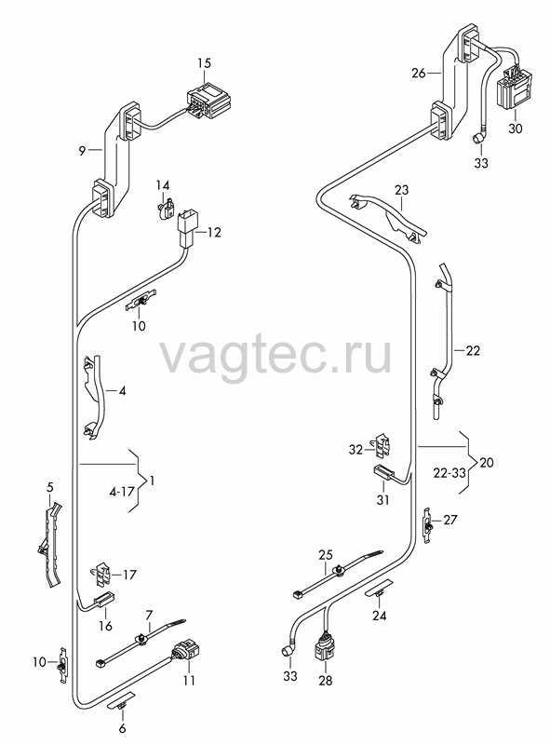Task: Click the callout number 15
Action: pyautogui.click(x=204, y=63)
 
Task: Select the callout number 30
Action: pyautogui.click(x=515, y=129)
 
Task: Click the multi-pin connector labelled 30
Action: pyautogui.click(x=514, y=89)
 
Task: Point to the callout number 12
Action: pyautogui.click(x=214, y=233)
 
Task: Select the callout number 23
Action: pyautogui.click(x=401, y=191)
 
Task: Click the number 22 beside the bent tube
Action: pyautogui.click(x=473, y=351)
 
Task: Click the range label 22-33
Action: pyautogui.click(x=449, y=473)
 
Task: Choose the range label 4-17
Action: pyautogui.click(x=122, y=492)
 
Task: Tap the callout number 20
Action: pyautogui.click(x=487, y=462)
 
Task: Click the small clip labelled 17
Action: pyautogui.click(x=101, y=573)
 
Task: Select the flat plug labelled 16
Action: pyautogui.click(x=104, y=600)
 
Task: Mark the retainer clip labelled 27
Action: pyautogui.click(x=428, y=525)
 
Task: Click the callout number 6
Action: pyautogui.click(x=122, y=728)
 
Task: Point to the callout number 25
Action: pyautogui.click(x=326, y=555)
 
